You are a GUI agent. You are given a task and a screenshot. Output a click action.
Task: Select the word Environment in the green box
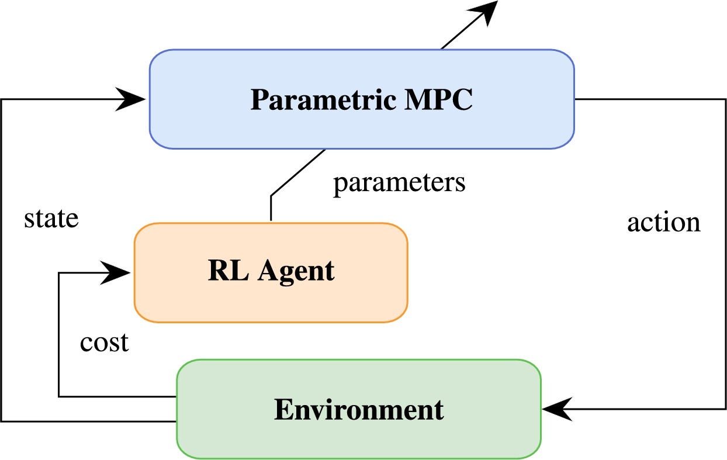359,410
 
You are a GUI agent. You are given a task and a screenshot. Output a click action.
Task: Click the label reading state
51,219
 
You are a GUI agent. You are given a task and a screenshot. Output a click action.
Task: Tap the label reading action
663,222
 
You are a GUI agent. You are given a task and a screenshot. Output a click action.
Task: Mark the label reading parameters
399,182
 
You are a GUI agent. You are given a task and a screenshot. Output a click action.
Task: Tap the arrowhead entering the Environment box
558,409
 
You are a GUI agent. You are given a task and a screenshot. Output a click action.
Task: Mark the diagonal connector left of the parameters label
298,173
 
